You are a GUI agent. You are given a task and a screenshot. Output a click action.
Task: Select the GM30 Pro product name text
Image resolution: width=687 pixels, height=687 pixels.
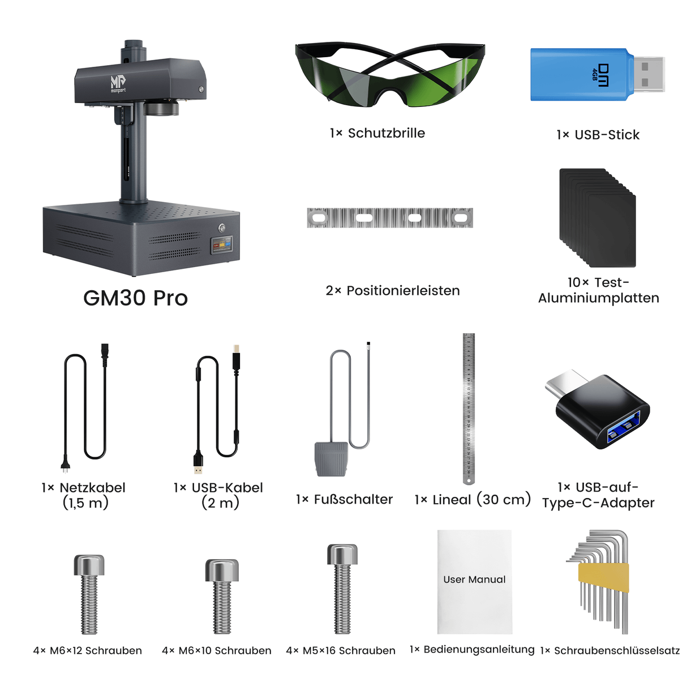pyautogui.click(x=135, y=298)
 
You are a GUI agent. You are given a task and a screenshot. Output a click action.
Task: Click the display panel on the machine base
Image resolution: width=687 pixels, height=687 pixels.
pyautogui.click(x=221, y=246)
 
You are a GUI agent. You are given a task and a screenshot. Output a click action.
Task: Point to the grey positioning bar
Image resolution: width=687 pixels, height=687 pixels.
pyautogui.click(x=389, y=218)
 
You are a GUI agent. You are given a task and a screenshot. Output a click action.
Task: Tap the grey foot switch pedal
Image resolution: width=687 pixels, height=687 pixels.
pyautogui.click(x=330, y=458)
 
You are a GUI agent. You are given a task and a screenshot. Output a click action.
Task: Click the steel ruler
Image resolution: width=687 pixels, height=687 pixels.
pyautogui.click(x=469, y=407)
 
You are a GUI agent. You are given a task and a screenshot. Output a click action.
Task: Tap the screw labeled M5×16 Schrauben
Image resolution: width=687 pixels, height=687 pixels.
pyautogui.click(x=342, y=589)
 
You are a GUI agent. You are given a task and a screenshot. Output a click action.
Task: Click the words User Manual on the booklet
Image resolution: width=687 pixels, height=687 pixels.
pyautogui.click(x=474, y=579)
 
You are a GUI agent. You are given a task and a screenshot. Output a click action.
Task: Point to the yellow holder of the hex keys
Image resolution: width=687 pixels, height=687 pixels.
pyautogui.click(x=603, y=577)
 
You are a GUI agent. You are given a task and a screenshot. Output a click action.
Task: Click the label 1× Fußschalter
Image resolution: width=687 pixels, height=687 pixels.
pyautogui.click(x=344, y=499)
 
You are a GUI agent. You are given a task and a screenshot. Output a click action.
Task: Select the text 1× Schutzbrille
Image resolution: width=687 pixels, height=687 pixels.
pyautogui.click(x=377, y=133)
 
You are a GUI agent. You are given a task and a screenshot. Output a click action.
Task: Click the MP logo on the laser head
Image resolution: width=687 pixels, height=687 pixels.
pyautogui.click(x=118, y=83)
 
